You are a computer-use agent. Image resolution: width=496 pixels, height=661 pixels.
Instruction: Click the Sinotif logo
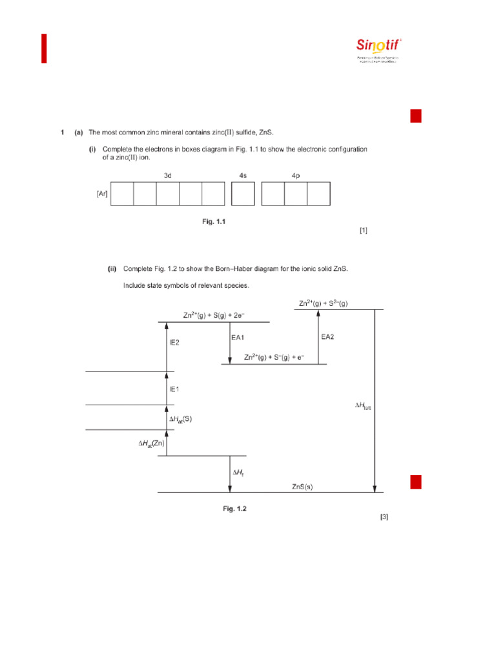point(379,47)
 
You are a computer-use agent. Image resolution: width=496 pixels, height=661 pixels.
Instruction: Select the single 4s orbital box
point(243,194)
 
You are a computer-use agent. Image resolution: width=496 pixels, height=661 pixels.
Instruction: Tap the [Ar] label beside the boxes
point(102,194)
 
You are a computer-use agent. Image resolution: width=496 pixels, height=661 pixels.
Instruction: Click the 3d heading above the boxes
point(167,175)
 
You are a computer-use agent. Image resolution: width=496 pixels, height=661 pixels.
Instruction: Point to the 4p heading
point(296,175)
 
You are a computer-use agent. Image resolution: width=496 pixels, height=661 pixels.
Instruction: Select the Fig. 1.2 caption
point(235,509)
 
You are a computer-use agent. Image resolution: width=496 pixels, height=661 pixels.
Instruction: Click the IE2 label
point(174,343)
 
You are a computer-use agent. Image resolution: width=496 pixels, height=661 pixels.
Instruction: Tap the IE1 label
point(174,389)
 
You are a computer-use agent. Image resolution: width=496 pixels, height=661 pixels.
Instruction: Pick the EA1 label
point(238,337)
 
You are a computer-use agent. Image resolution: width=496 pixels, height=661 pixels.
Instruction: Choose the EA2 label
point(328,336)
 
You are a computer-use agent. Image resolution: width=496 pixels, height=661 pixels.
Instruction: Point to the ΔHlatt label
point(362,406)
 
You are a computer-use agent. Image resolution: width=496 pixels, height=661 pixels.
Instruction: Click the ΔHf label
point(238,473)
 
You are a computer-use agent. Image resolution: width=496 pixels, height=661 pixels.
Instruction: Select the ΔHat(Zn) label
point(151,445)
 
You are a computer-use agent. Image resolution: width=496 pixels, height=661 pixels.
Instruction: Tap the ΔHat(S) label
point(180,419)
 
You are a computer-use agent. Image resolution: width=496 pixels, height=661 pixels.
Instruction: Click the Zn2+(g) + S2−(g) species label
point(323,303)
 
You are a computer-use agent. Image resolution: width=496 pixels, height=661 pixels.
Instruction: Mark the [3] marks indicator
point(384,517)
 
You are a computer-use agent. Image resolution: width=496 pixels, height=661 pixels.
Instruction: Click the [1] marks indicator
point(364,230)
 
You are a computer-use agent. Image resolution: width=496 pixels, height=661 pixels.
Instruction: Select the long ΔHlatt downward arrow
point(375,400)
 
